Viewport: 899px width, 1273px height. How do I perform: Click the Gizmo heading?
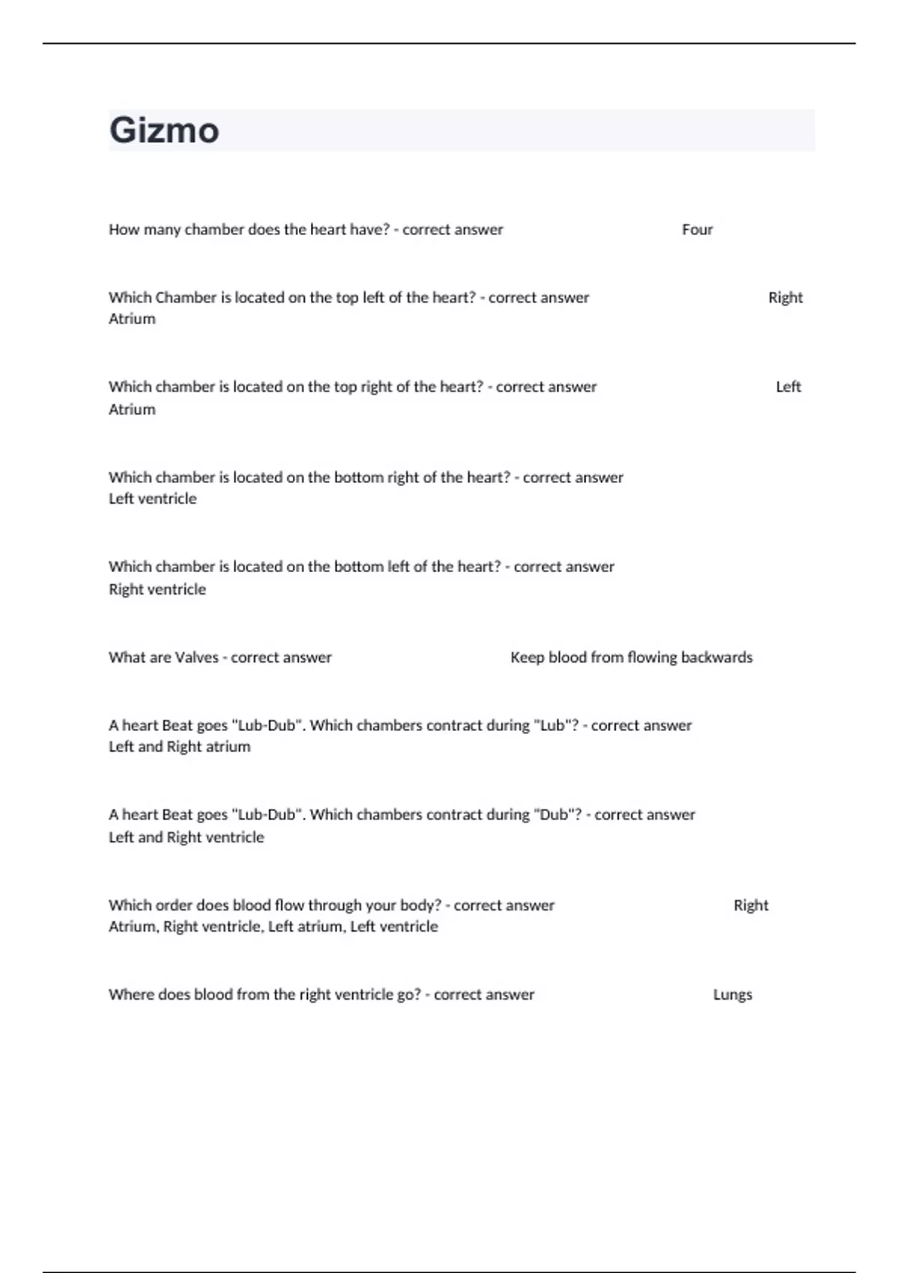point(164,130)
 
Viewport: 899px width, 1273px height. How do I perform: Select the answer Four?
point(697,230)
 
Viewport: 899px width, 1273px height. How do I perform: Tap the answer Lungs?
point(732,995)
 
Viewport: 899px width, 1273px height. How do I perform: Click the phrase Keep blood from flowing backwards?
point(631,657)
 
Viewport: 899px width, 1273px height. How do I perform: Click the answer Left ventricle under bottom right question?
point(153,499)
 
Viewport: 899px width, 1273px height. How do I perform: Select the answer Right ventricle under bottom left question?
point(157,589)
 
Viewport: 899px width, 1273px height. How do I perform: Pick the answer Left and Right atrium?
point(180,747)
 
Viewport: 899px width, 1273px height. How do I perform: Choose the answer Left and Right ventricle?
point(187,837)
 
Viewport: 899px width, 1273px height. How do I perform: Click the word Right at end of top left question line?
point(785,297)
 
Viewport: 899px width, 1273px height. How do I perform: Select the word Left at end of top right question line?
point(788,387)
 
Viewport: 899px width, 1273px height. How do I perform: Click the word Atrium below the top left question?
point(132,319)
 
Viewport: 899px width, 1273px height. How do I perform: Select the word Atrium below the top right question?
point(132,410)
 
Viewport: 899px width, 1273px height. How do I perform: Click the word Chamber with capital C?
point(184,297)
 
